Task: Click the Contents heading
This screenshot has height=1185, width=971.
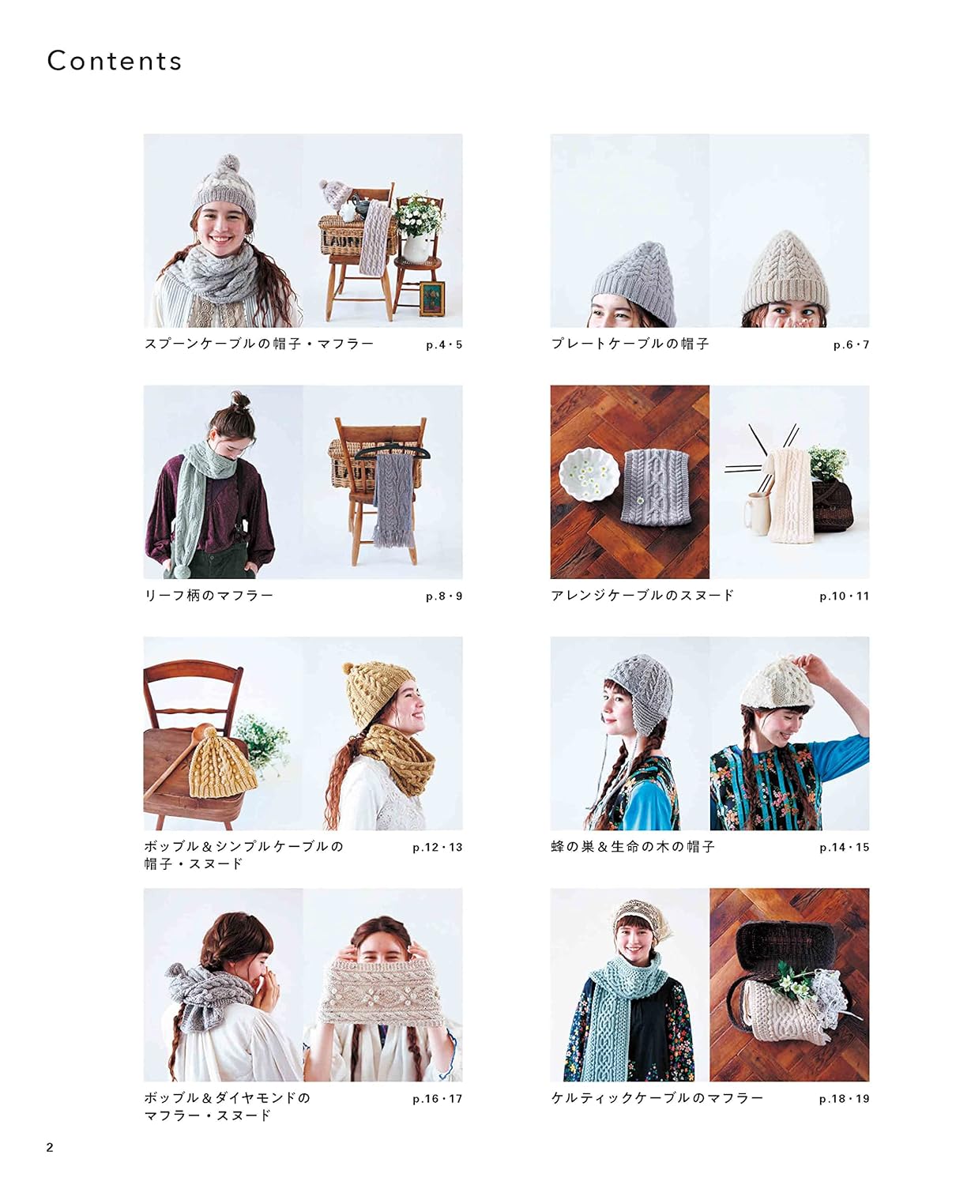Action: pyautogui.click(x=115, y=61)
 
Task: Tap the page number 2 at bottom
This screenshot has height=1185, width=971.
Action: pyautogui.click(x=50, y=1147)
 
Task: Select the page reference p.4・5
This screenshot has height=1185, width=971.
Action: pyautogui.click(x=444, y=344)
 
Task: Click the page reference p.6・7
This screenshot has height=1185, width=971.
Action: pyautogui.click(x=851, y=344)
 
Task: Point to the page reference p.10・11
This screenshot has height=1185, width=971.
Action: pyautogui.click(x=844, y=596)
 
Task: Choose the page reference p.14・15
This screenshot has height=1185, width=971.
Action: pyautogui.click(x=844, y=848)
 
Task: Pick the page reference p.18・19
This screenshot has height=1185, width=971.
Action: pyautogui.click(x=844, y=1099)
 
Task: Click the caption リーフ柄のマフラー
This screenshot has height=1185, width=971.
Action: pyautogui.click(x=209, y=596)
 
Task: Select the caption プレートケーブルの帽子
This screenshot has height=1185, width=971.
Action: pyautogui.click(x=630, y=344)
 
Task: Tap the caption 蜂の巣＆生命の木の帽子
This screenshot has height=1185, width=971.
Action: pyautogui.click(x=633, y=847)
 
